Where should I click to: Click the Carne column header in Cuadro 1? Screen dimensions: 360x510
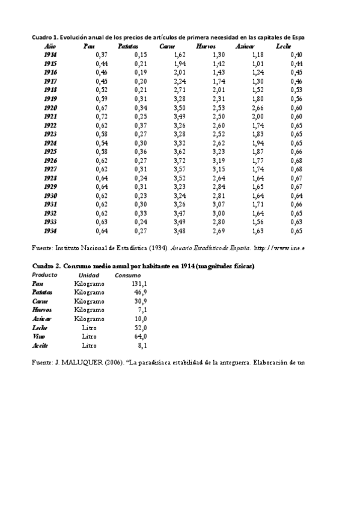168,46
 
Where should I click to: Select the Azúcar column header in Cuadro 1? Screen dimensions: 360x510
245,46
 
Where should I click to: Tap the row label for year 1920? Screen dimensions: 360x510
50,108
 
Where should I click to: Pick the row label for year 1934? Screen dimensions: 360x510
50,231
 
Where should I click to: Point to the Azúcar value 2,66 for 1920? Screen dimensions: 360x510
257,108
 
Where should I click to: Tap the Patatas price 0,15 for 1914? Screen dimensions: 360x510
141,55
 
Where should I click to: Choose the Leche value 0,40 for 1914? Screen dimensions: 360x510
296,55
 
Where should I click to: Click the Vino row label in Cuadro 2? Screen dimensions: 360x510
38,337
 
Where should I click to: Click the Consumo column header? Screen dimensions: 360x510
128,275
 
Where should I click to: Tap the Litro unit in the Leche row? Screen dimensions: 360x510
89,328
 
